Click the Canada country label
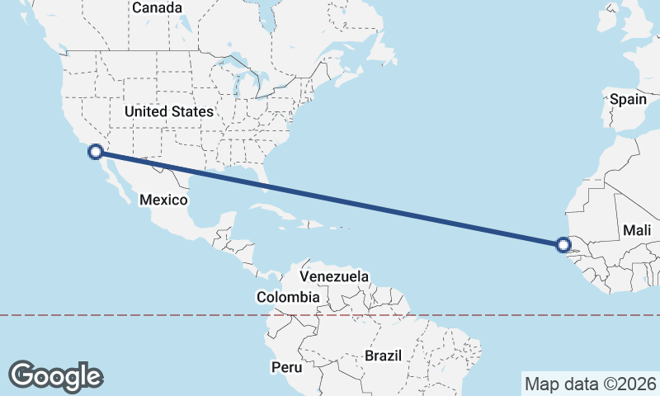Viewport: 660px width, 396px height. [x=157, y=7]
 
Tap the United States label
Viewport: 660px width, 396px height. [x=169, y=111]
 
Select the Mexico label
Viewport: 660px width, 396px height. [x=163, y=200]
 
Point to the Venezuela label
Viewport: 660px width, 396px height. [x=334, y=277]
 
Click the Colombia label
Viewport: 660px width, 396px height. [x=288, y=297]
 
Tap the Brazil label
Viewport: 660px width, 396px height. [x=383, y=356]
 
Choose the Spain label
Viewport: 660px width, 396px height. [x=628, y=99]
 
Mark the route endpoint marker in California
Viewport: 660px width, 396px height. [x=96, y=151]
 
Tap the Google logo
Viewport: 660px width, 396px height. [x=55, y=376]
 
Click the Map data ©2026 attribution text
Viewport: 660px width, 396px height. [x=591, y=384]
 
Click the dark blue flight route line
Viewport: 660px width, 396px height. [x=330, y=198]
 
